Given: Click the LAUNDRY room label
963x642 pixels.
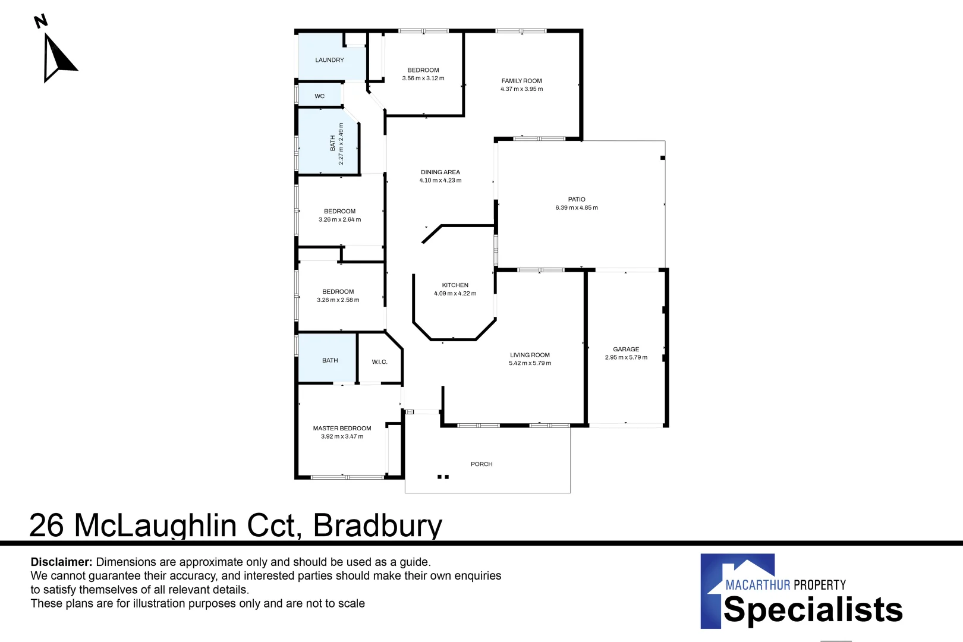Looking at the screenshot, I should click(329, 60).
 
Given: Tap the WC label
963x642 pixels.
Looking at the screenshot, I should click(319, 96).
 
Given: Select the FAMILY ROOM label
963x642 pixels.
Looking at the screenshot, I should click(521, 81).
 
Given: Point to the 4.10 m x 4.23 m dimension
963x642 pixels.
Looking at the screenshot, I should click(440, 181).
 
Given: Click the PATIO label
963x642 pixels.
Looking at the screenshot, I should click(576, 200).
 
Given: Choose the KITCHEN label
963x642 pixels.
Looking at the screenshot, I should click(455, 285).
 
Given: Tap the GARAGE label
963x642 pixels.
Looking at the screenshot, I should click(626, 350).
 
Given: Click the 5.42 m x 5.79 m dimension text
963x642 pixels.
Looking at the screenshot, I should click(530, 363).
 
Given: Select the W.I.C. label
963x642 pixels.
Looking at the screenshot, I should click(379, 362).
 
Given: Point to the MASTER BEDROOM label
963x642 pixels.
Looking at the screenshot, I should click(342, 428).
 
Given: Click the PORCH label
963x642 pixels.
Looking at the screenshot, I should click(481, 464).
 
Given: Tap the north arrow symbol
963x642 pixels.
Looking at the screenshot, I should click(57, 58).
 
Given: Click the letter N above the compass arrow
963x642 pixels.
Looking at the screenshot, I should click(40, 22).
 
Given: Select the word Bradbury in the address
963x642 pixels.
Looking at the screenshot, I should click(377, 525).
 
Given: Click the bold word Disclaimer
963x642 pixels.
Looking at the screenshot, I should click(61, 562).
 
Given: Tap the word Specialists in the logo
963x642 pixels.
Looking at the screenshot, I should click(813, 610).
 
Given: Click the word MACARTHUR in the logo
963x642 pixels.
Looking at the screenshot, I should click(757, 585).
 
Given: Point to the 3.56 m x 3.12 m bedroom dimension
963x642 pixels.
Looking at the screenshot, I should click(423, 78).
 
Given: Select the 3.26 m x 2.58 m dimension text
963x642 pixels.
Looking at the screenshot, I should click(338, 300).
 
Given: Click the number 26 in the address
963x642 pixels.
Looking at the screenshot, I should click(46, 525).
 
